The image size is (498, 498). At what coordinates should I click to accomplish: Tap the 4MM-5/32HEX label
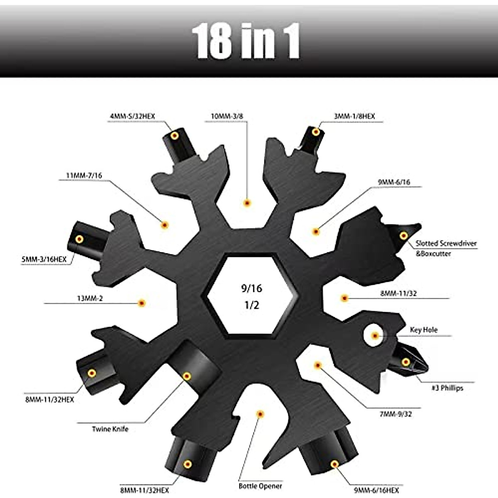click(x=132, y=117)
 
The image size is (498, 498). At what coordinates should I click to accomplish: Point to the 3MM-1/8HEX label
click(x=354, y=117)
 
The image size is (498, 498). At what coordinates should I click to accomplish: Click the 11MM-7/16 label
click(x=84, y=176)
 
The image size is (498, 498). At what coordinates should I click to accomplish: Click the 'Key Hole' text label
click(x=423, y=330)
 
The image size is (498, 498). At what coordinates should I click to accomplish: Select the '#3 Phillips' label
click(x=447, y=388)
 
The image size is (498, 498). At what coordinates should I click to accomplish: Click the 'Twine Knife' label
click(x=110, y=429)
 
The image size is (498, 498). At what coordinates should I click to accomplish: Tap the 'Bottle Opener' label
click(x=260, y=486)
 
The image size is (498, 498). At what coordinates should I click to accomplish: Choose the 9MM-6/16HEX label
click(x=377, y=490)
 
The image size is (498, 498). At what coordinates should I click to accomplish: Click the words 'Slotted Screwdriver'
click(x=446, y=244)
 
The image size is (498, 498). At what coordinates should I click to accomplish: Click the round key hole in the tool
click(x=375, y=335)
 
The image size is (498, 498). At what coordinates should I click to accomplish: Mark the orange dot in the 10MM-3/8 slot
click(x=247, y=203)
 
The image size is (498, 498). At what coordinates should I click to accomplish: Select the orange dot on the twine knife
click(x=187, y=376)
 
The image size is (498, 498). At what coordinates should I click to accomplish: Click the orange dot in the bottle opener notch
click(x=260, y=414)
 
